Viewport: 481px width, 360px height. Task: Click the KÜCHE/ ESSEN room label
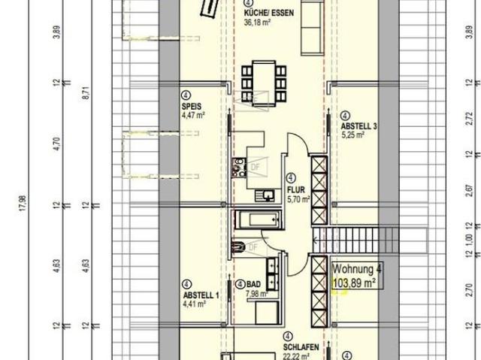pyautogui.click(x=269, y=14)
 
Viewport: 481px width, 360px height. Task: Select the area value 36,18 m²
pyautogui.click(x=259, y=23)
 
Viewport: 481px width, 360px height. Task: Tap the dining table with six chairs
pyautogui.click(x=264, y=77)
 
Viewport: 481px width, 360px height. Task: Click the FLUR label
pyautogui.click(x=295, y=191)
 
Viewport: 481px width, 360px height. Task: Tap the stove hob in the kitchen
pyautogui.click(x=240, y=168)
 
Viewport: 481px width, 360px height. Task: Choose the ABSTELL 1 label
pyautogui.click(x=200, y=295)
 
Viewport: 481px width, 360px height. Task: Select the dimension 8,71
pyautogui.click(x=86, y=93)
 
